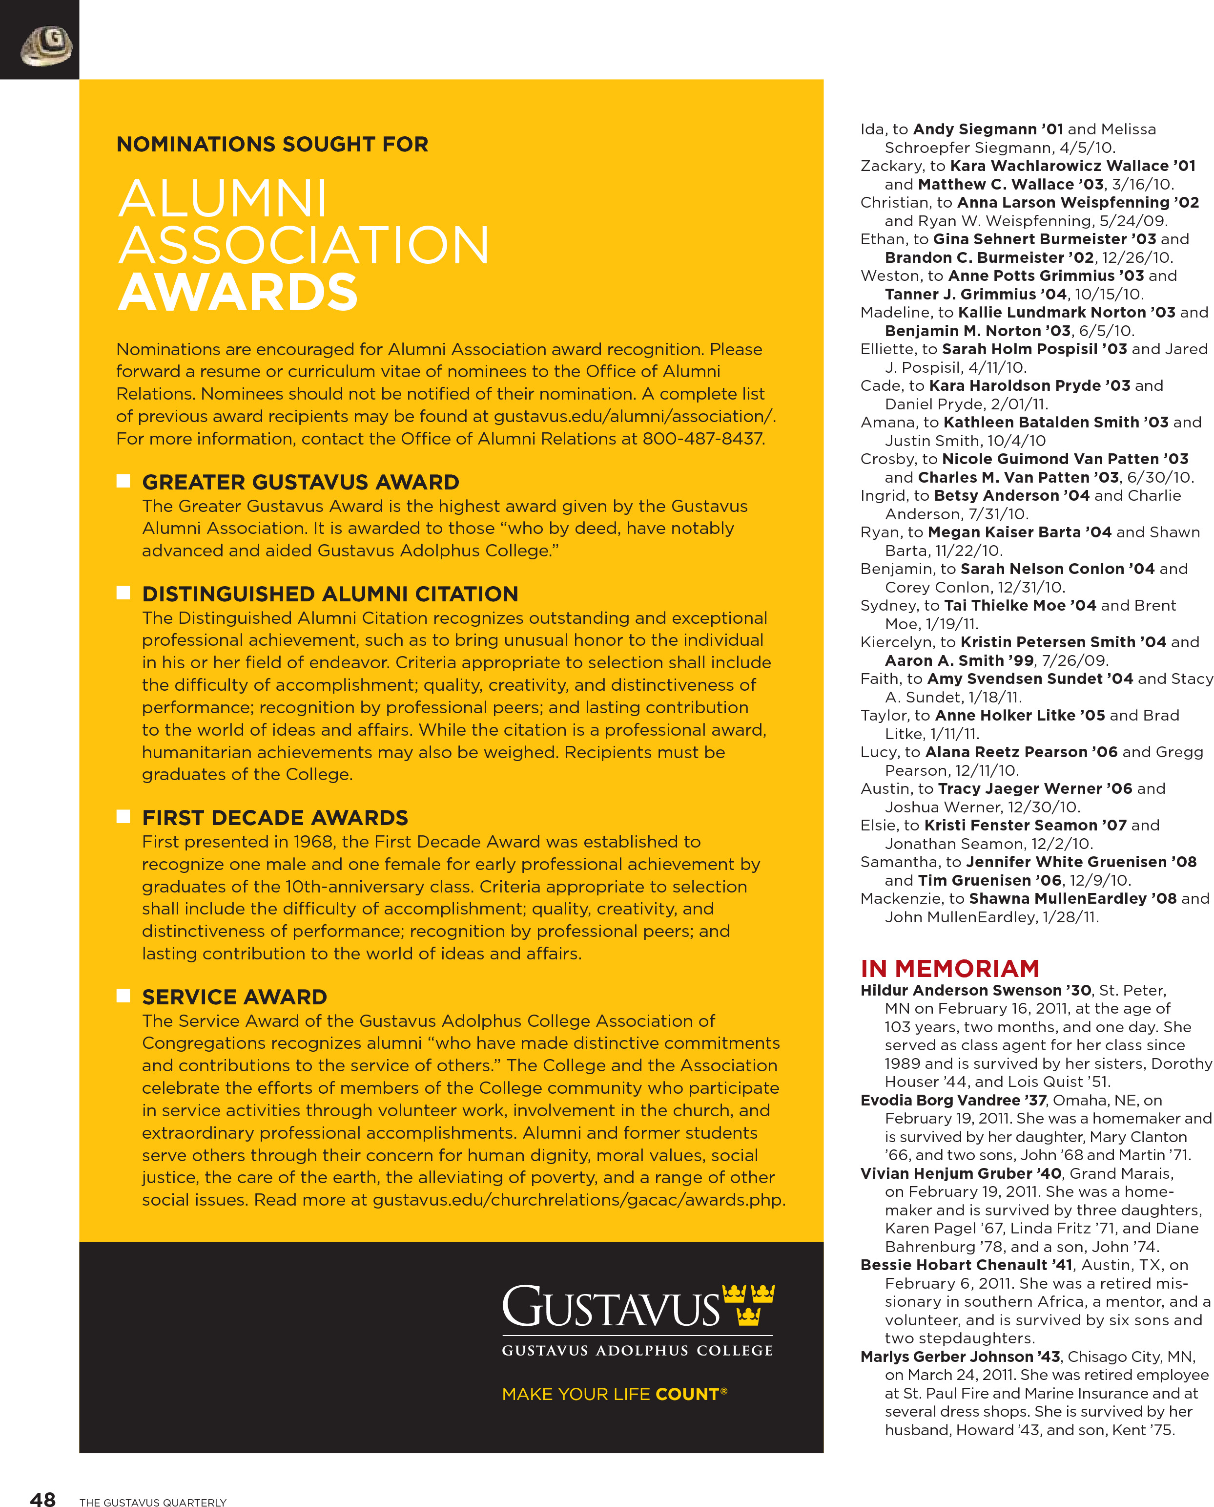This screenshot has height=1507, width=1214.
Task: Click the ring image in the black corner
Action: click(47, 46)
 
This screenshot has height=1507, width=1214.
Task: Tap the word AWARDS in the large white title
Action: click(238, 293)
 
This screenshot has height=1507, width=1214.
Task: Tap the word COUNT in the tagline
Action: click(687, 1394)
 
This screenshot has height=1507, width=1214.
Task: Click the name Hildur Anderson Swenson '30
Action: click(975, 990)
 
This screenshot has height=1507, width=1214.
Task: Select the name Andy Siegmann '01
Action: click(988, 129)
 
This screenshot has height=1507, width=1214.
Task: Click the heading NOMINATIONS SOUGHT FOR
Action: click(272, 144)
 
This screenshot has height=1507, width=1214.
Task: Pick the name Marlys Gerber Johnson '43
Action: click(960, 1357)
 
